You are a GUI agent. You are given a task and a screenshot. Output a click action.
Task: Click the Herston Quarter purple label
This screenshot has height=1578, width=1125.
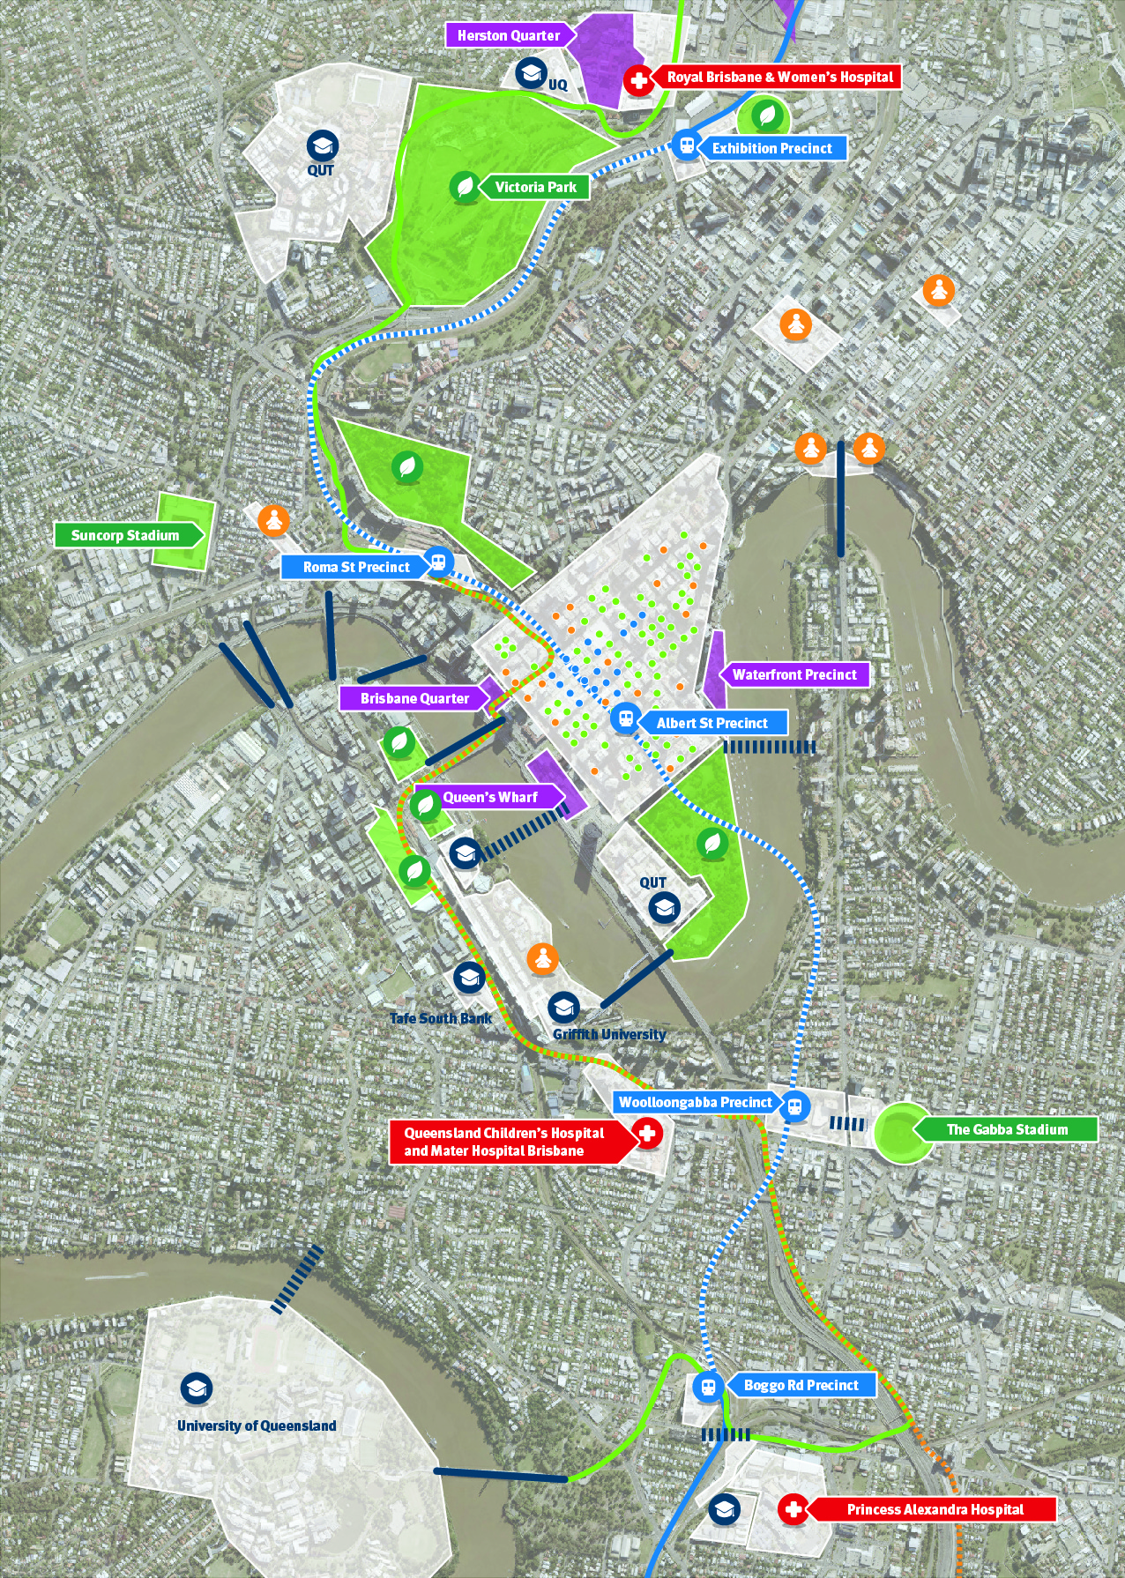pos(509,35)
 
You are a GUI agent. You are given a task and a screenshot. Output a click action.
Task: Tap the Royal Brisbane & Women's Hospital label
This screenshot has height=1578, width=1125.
pos(779,77)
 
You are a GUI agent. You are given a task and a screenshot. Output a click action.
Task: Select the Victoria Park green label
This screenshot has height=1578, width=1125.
pos(535,187)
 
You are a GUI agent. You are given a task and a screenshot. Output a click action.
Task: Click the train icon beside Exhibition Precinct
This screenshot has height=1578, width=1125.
pos(686,145)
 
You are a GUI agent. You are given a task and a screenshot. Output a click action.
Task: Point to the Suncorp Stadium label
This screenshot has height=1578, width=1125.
pos(125,535)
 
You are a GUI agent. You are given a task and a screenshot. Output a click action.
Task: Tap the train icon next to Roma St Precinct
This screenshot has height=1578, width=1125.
pos(438,562)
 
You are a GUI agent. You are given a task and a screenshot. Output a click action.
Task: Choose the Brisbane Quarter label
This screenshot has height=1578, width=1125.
pos(414,698)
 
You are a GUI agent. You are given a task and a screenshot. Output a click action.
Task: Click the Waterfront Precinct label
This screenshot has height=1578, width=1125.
pos(793,674)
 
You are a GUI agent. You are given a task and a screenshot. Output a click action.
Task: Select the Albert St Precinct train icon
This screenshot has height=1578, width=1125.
pos(626,718)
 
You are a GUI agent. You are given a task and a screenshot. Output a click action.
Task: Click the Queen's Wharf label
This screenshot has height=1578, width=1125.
pos(489,797)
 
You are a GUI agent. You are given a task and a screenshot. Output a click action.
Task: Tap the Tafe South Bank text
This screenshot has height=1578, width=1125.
pos(441,1018)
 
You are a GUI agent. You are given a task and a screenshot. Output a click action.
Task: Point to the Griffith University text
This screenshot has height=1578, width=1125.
pos(609,1034)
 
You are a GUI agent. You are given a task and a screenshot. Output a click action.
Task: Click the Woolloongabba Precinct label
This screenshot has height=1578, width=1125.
pos(695,1102)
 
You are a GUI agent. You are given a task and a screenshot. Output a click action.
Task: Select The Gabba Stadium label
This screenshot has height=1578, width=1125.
pos(1007,1129)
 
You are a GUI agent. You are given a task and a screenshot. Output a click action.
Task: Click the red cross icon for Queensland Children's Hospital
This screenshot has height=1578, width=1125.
pos(648,1133)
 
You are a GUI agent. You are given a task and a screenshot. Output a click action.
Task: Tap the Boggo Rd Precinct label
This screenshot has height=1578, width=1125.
pos(801,1385)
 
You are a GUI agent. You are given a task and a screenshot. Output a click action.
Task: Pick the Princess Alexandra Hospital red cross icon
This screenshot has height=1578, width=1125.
pos(793,1509)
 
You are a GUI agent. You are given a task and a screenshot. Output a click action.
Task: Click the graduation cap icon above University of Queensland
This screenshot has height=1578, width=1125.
pos(196,1388)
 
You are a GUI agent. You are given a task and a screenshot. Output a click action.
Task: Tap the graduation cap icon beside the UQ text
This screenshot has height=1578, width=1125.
pos(531,72)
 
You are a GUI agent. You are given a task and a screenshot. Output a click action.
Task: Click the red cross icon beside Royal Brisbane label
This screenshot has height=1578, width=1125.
pos(637,80)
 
